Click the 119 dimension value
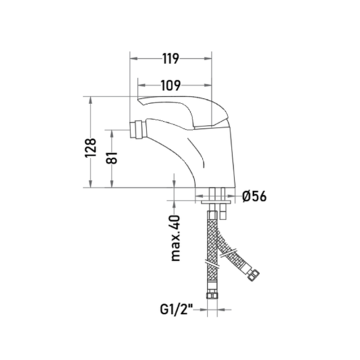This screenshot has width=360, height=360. coord(171,59)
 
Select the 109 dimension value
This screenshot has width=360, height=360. coord(171,85)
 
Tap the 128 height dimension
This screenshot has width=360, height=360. coord(91,148)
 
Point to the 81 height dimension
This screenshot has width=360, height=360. coord(112,158)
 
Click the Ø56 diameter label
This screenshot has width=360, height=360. coord(255,197)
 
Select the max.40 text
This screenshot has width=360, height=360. coord(176,238)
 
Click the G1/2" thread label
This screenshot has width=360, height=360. coord(176,309)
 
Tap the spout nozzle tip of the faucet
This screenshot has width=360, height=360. coord(136,130)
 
